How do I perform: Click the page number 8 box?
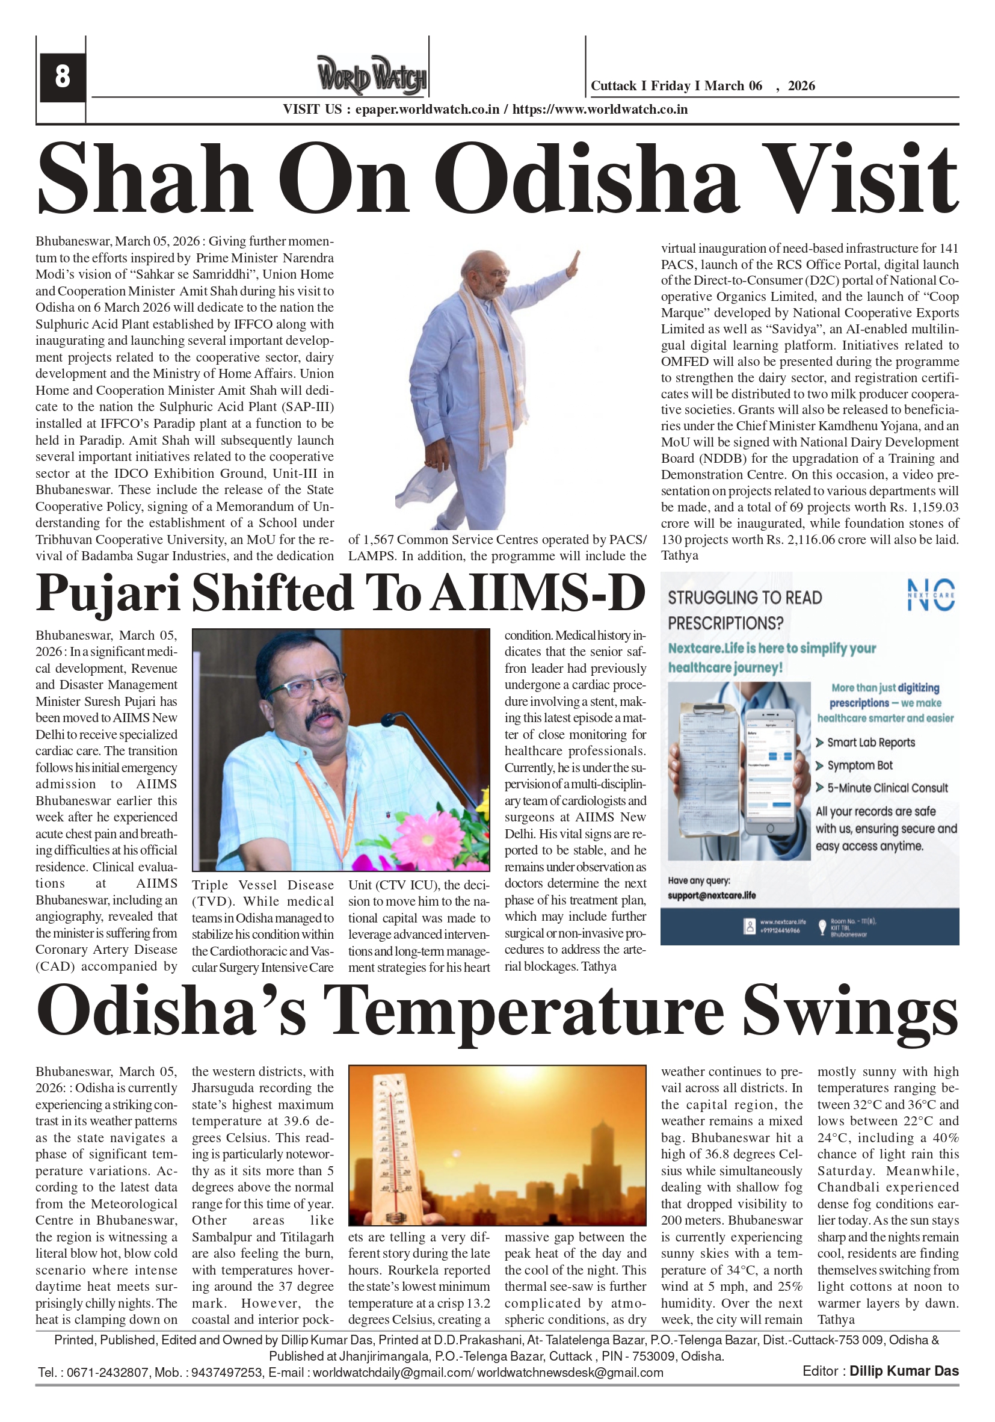pos(62,77)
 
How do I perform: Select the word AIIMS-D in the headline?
pos(538,593)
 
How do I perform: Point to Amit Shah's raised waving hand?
pos(573,264)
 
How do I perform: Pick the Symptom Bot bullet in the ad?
pos(860,765)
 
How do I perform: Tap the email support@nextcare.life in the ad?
pos(712,895)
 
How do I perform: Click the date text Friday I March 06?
pos(706,86)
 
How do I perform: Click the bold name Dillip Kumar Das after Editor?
pos(904,1371)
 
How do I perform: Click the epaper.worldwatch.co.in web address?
pos(427,110)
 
